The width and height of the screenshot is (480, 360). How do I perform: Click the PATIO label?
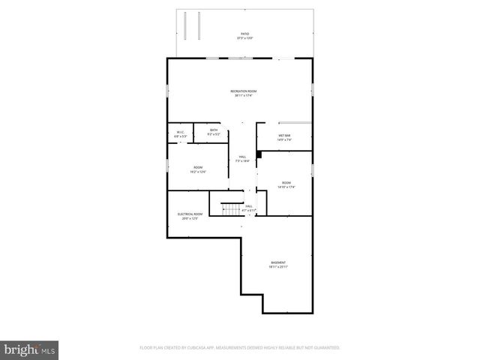pos(244,34)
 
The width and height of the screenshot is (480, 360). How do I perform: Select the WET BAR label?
pos(283,135)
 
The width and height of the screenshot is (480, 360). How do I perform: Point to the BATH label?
pos(214,130)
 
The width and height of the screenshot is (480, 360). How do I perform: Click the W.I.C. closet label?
pos(180,133)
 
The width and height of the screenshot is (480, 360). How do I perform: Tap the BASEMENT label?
pos(278,262)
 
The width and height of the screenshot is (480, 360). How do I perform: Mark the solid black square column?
pos(259,154)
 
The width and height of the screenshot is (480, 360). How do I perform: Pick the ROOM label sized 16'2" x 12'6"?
pos(198,167)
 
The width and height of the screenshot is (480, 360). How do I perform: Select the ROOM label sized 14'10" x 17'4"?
pos(286,182)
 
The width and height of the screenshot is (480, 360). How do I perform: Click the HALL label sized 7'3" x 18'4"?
pos(242,156)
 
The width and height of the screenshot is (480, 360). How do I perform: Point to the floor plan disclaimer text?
pos(240,347)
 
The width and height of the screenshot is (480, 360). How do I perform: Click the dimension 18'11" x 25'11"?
pos(278,266)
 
